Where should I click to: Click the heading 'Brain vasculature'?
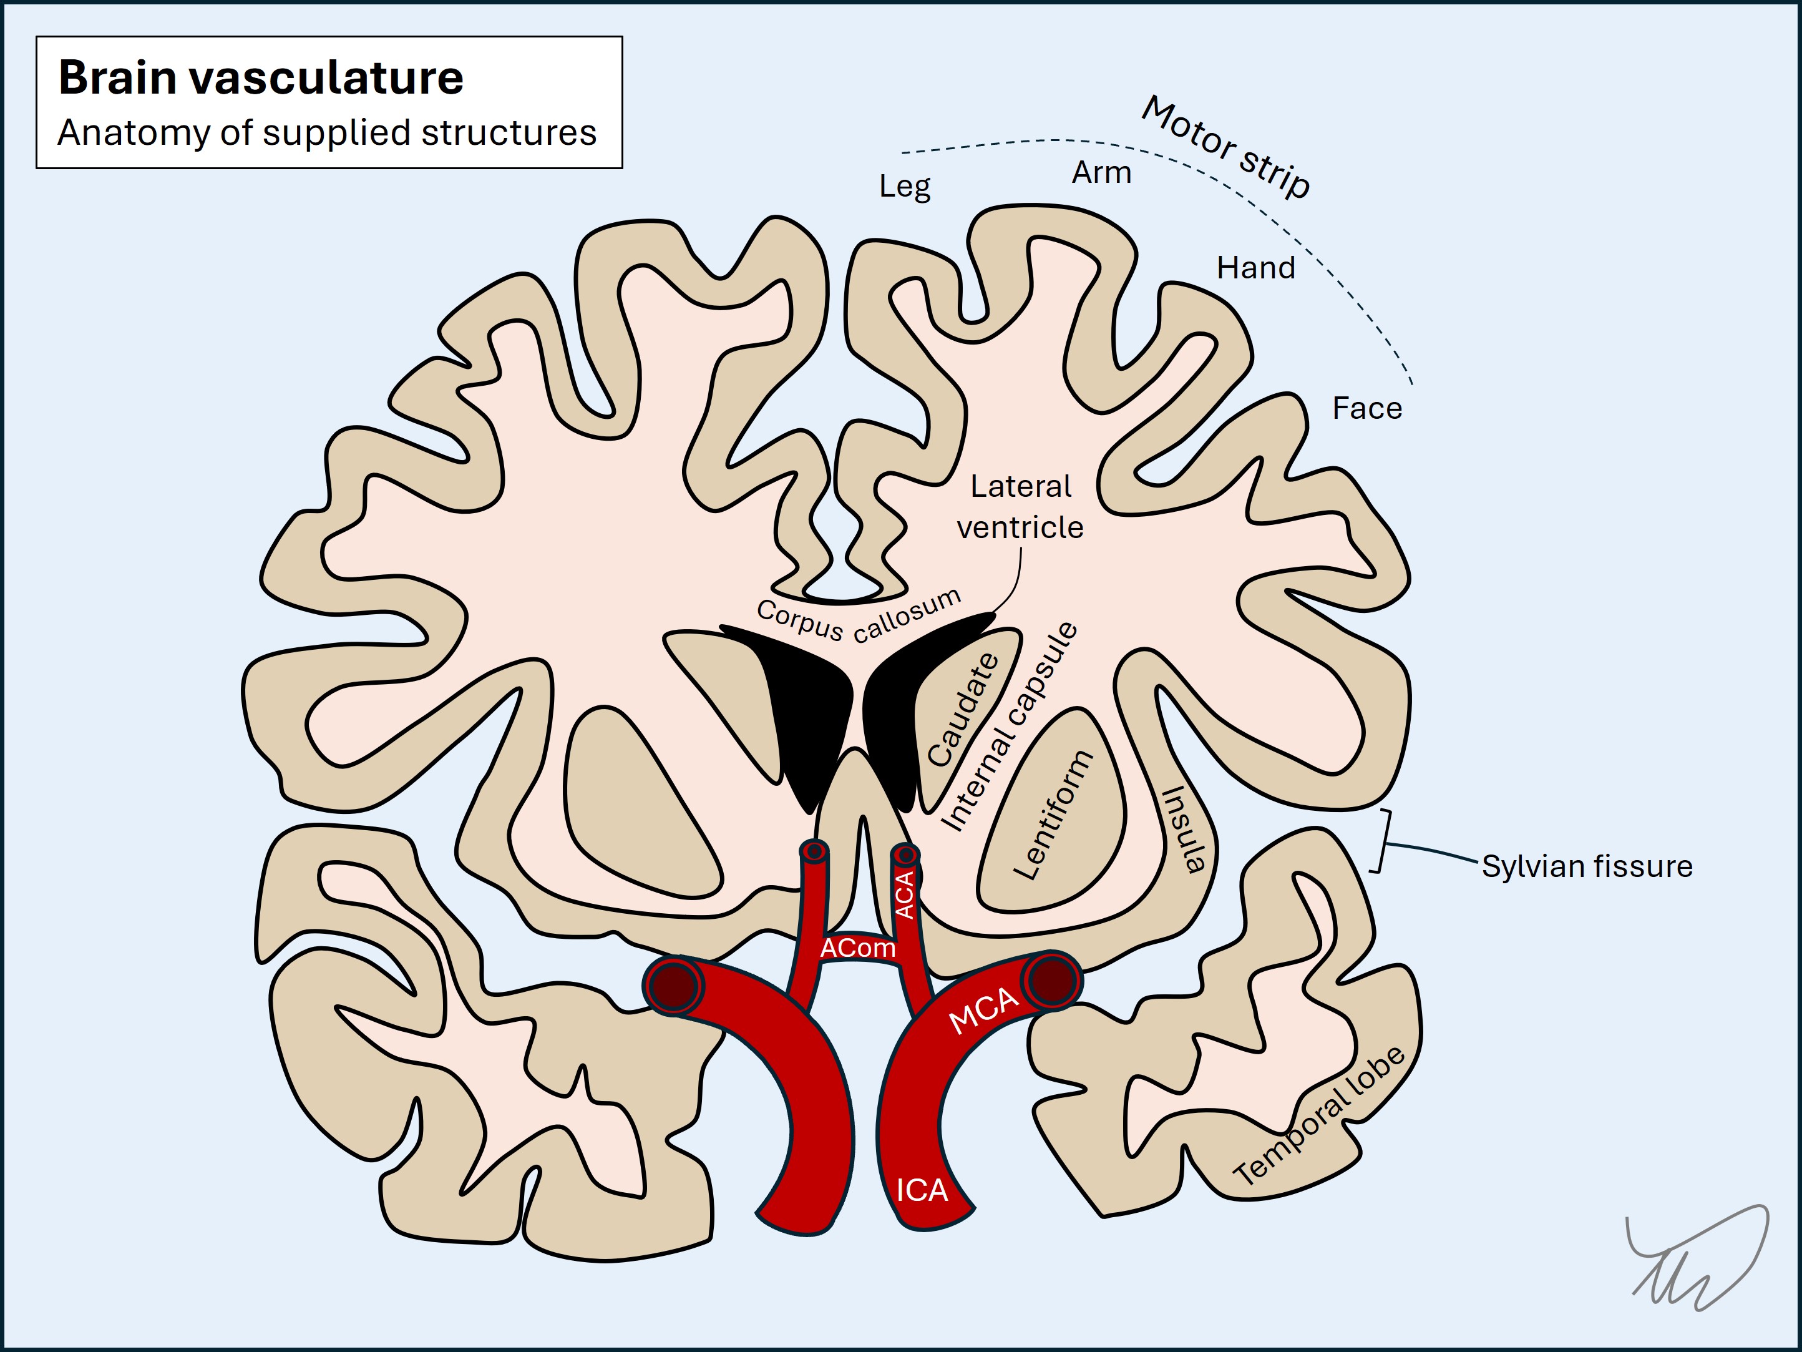click(x=261, y=78)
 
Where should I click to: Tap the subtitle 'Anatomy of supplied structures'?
click(x=327, y=133)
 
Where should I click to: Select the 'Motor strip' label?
click(x=1226, y=147)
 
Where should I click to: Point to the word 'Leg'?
click(x=904, y=187)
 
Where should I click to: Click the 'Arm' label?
click(x=1101, y=173)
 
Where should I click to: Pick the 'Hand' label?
click(x=1255, y=268)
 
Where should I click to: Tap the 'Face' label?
click(x=1367, y=408)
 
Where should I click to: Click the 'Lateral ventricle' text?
click(x=1020, y=507)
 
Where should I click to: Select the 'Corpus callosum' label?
click(x=859, y=617)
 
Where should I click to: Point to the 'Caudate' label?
click(x=963, y=710)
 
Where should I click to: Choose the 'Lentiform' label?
click(x=1053, y=815)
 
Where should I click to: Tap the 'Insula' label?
click(x=1184, y=829)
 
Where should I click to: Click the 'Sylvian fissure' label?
click(x=1586, y=866)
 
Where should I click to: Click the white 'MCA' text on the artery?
click(x=984, y=1010)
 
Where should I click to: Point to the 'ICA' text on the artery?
click(x=922, y=1190)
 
